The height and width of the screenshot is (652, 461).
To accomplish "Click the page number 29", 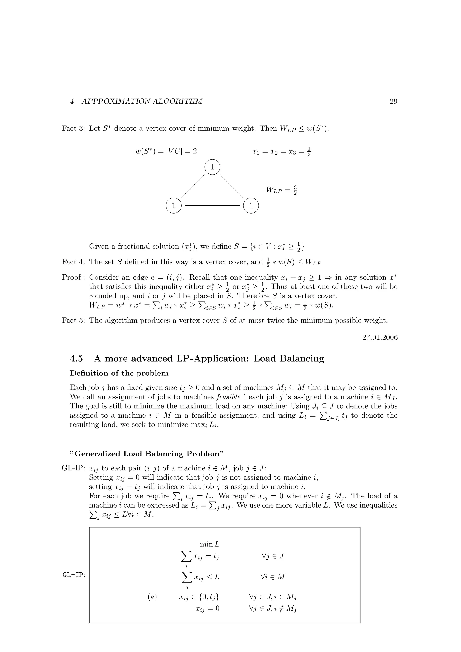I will (393, 101).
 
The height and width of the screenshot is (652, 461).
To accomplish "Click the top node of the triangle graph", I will (212, 167).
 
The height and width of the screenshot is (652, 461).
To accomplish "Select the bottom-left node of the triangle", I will (174, 206).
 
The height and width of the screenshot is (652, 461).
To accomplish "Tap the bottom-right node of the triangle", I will (251, 206).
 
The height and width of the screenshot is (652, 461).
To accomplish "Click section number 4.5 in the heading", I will (76, 359).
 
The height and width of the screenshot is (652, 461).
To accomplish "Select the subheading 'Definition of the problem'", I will (119, 373).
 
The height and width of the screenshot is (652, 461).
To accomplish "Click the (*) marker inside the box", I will (152, 597).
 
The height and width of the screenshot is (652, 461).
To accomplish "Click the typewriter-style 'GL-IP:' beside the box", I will (74, 575).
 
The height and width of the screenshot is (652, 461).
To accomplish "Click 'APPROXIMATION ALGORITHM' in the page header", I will (142, 101).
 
